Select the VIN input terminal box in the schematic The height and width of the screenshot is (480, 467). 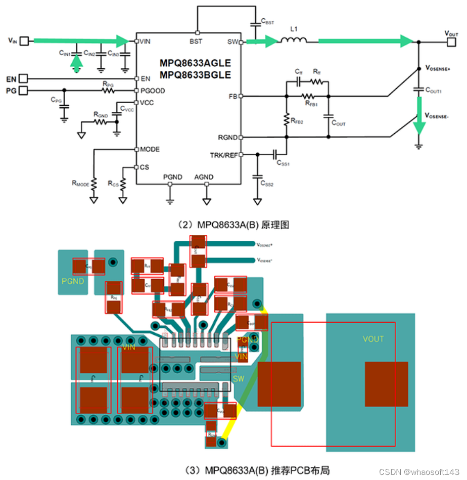(x=25, y=41)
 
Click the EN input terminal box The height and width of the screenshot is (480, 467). (x=24, y=79)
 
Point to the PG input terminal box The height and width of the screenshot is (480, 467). (x=24, y=91)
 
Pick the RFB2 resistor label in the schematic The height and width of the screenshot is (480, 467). (x=296, y=120)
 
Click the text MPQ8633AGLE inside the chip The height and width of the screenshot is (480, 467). (x=195, y=63)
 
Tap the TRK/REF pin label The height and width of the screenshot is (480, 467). (x=223, y=155)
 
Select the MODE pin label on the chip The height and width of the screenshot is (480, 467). (x=150, y=149)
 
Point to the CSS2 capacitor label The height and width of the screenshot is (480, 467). (x=267, y=185)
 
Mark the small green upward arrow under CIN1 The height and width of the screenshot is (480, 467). (x=76, y=63)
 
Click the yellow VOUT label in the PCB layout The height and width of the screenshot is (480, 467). (x=373, y=339)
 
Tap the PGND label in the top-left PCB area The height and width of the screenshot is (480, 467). (x=73, y=281)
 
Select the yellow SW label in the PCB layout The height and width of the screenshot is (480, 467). (x=239, y=378)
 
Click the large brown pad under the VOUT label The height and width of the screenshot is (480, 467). (x=386, y=384)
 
